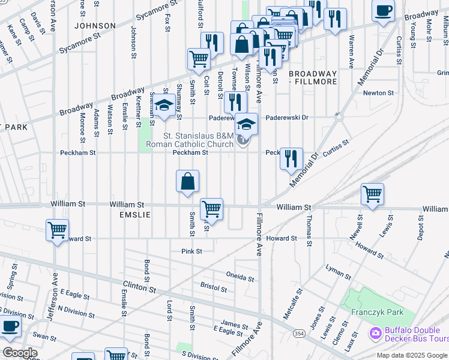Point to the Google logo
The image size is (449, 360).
click(x=20, y=353)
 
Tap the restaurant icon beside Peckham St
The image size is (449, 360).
click(x=291, y=159)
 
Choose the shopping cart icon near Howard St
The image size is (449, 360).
click(x=58, y=230)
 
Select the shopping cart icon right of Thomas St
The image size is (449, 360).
click(x=372, y=194)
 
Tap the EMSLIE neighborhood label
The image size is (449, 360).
click(x=134, y=214)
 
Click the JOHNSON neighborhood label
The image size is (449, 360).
click(x=95, y=26)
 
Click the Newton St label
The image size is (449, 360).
click(x=378, y=93)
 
